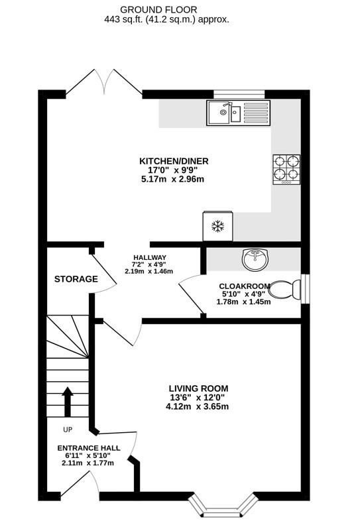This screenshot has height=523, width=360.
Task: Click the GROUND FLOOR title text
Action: click(158, 10)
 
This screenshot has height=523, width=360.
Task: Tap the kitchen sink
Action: click(239, 113)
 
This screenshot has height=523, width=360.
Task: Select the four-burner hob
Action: click(286, 170)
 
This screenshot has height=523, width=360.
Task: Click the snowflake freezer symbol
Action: click(217, 226)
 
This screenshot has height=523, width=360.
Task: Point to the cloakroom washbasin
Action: click(255, 259)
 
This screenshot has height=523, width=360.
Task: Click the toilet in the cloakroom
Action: click(284, 289)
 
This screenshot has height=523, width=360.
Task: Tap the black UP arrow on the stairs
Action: click(68, 402)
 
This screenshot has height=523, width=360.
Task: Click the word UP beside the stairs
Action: click(68, 430)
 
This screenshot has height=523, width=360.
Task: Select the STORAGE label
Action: click(76, 279)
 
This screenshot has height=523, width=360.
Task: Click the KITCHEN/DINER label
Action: click(174, 161)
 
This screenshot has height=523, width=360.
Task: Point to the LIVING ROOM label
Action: click(198, 388)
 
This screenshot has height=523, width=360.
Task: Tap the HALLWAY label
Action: click(150, 257)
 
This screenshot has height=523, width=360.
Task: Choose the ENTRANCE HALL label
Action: click(89, 448)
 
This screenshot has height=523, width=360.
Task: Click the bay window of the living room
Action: click(223, 506)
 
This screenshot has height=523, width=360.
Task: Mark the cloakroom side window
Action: click(305, 289)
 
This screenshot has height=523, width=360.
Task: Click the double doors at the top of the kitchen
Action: click(104, 82)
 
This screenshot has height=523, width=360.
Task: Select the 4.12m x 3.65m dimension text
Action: click(197, 406)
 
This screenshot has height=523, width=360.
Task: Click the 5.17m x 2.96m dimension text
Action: click(173, 179)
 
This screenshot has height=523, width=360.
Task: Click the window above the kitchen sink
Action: click(239, 95)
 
